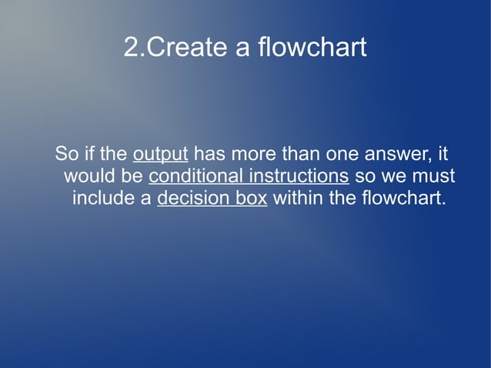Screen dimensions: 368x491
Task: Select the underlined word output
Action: tap(161, 153)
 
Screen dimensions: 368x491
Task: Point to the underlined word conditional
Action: tap(191, 176)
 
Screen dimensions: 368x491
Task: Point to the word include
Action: tap(101, 199)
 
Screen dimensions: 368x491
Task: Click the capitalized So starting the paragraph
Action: tap(65, 152)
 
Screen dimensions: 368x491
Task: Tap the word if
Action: tap(87, 152)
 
